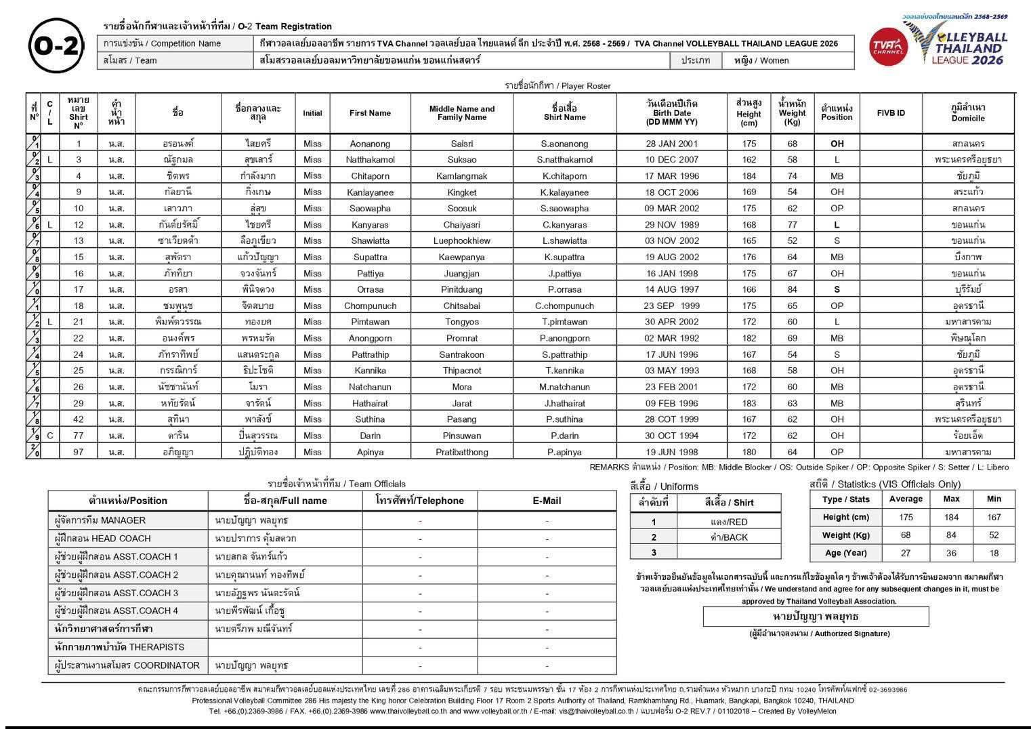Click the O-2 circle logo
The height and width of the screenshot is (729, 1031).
coord(57,45)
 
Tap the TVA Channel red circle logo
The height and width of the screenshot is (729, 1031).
coord(888,47)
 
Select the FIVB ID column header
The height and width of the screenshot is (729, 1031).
coord(890,113)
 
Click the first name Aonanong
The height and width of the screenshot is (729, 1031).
coord(370,144)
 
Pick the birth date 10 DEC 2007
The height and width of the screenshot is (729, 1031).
coord(671,160)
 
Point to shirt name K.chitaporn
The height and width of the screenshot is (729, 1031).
coord(564,176)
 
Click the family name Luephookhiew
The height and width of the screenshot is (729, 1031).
coord(461,241)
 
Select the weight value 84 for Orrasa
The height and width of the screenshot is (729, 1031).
coord(792,289)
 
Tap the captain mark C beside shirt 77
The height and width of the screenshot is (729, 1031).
coord(50,436)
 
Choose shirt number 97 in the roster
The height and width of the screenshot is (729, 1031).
coord(79,452)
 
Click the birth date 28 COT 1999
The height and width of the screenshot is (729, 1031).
coord(671,419)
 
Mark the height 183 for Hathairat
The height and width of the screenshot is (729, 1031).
coord(749,403)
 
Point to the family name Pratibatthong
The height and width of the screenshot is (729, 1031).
coord(461,452)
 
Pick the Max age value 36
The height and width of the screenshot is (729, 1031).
coord(951,553)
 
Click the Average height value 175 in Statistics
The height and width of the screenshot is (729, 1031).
coord(906,517)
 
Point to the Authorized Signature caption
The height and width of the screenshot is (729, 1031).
coord(819,633)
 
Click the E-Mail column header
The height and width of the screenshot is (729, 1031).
coord(547,501)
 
